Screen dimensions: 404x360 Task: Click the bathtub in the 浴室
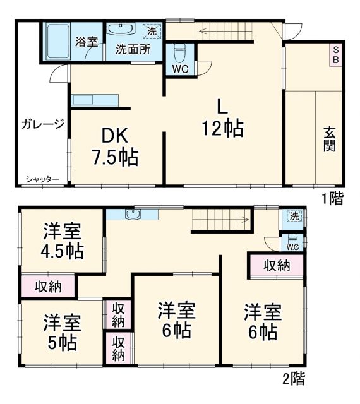(57, 42)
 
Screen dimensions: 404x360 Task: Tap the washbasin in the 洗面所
(120, 30)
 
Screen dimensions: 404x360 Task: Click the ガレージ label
(42, 123)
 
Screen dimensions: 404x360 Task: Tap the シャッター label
(42, 180)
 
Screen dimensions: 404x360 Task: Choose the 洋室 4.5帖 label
(62, 241)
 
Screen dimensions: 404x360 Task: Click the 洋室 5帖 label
(61, 333)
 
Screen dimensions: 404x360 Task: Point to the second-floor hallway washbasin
(133, 215)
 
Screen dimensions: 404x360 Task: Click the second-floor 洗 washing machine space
(294, 217)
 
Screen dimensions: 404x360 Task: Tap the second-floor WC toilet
(292, 239)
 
